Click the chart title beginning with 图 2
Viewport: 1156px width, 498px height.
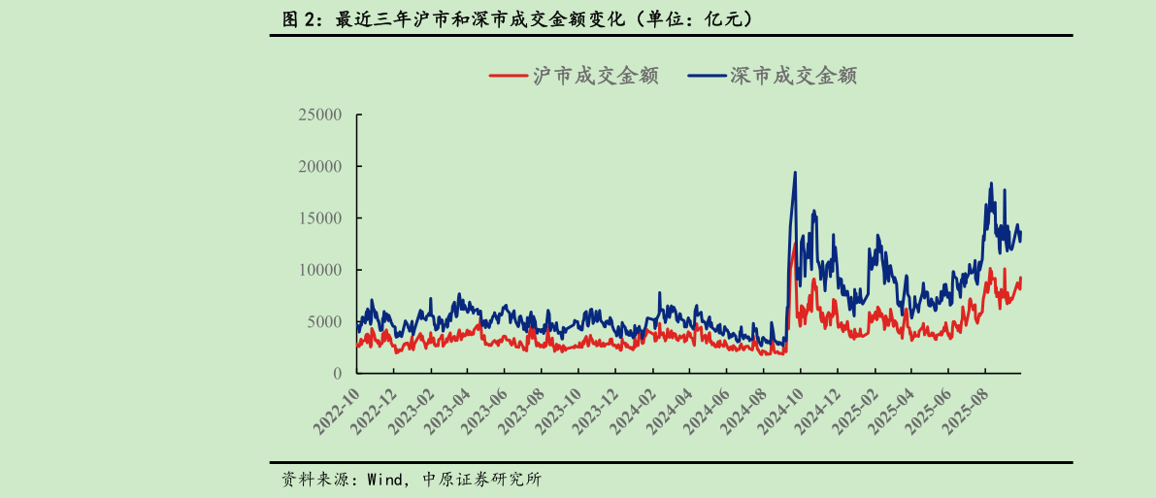(514, 18)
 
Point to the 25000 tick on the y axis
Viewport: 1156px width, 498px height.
(319, 115)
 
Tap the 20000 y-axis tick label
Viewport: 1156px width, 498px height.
(319, 167)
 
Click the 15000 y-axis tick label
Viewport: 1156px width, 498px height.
(319, 218)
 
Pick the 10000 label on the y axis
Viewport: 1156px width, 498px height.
(319, 270)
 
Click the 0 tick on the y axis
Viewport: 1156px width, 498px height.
(337, 374)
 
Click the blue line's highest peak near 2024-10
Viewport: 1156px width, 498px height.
(796, 173)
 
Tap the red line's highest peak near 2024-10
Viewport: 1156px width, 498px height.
(795, 245)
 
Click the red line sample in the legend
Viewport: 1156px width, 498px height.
(507, 76)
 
